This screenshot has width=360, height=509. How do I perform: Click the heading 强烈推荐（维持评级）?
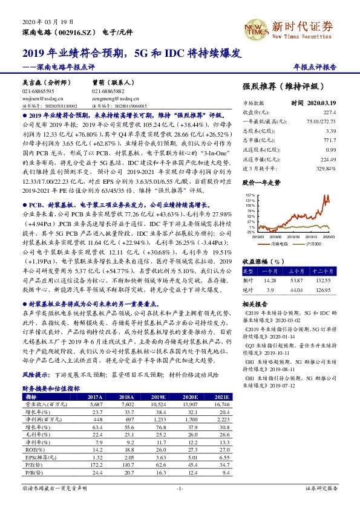click(280, 86)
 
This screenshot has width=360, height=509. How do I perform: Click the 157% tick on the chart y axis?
click(249, 195)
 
